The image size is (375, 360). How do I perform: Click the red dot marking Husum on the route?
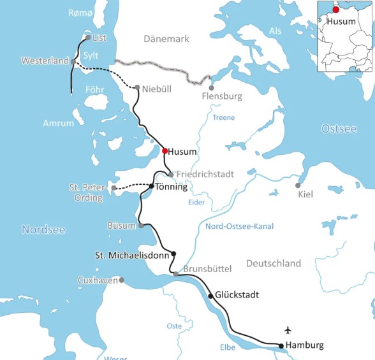(x=165, y=151)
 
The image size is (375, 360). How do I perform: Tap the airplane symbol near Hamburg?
(x=288, y=330)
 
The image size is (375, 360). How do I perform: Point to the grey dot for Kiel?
(x=298, y=185)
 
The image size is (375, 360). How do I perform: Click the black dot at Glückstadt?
(x=210, y=296)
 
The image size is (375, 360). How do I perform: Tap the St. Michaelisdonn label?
(x=132, y=255)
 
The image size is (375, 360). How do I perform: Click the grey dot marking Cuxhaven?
(x=121, y=280)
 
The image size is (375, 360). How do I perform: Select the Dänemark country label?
(x=166, y=39)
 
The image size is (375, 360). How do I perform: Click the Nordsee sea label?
(x=43, y=229)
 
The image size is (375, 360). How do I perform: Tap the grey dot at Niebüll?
(x=137, y=87)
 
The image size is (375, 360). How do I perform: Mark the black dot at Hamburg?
(x=281, y=346)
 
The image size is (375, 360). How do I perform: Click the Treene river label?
(x=224, y=117)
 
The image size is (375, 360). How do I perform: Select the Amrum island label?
(x=59, y=123)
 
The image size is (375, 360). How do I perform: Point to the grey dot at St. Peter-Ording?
(x=114, y=188)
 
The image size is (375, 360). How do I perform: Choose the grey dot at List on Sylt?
(x=88, y=38)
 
